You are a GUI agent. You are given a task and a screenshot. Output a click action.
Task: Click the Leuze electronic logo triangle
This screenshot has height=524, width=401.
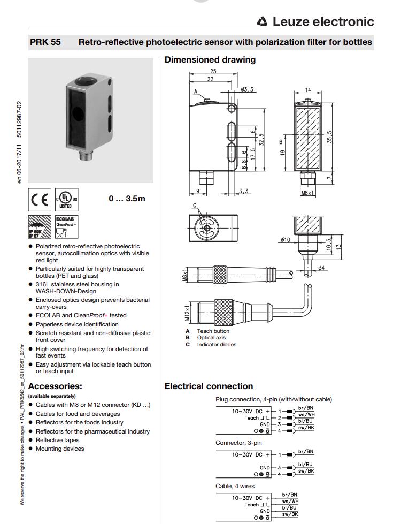(262, 22)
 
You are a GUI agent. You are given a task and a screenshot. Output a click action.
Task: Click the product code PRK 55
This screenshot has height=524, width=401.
(45, 42)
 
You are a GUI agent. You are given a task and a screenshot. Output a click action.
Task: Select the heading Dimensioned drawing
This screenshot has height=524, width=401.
(210, 59)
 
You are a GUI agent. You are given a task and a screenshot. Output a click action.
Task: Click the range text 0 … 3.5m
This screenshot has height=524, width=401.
(127, 199)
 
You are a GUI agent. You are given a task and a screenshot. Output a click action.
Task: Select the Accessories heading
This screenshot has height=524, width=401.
(55, 386)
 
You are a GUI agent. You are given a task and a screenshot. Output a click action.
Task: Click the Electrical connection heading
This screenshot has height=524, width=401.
(209, 386)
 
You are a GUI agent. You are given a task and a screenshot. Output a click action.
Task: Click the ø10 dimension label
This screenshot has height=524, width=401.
(285, 240)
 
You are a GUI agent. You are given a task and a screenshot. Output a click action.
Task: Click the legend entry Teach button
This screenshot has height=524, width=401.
(213, 331)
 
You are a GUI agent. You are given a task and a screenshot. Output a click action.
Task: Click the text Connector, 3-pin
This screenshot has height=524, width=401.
(238, 443)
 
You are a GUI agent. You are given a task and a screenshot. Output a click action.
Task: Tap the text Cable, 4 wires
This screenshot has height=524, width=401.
(235, 486)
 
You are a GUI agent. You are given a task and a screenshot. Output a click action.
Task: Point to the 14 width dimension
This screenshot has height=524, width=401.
(308, 90)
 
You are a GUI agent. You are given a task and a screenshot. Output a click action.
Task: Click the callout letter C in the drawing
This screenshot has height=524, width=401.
(195, 206)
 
